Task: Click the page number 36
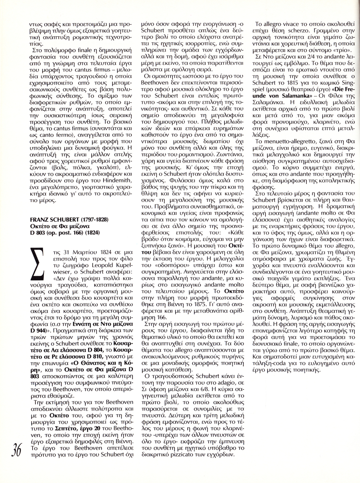(x=17, y=450)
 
